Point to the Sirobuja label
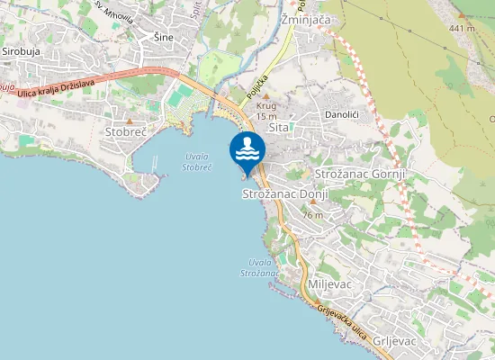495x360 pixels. [22, 52]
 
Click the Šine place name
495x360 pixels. [162, 37]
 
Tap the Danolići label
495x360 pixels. [342, 116]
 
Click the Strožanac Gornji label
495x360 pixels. [361, 173]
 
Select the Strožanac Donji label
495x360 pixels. [284, 194]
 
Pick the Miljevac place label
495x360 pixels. [328, 283]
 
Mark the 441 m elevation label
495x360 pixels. [462, 28]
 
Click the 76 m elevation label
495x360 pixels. [312, 216]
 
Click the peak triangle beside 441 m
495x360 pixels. [462, 16]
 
